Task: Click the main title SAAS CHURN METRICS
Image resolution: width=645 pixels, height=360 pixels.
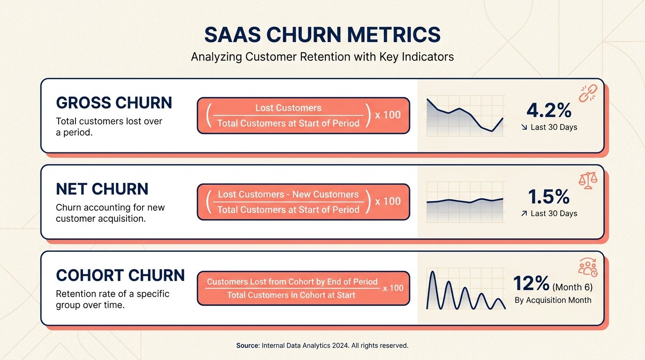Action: (322, 35)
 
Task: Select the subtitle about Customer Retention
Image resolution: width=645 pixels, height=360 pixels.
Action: (322, 57)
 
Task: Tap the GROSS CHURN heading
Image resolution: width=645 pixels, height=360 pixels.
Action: (114, 103)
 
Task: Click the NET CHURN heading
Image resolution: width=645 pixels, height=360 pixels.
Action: (102, 189)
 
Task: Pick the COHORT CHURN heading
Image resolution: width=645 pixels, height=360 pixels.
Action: (120, 275)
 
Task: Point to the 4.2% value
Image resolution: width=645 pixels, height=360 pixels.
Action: (549, 110)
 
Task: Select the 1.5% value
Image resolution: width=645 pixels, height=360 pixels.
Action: (549, 197)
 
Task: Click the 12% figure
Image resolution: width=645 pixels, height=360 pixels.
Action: (532, 284)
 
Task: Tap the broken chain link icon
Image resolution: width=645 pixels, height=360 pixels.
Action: (587, 93)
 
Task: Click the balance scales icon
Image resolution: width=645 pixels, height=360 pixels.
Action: (588, 180)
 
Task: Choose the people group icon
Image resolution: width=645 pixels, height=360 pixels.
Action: (588, 267)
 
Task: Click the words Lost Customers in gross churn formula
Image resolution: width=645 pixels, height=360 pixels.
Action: (288, 108)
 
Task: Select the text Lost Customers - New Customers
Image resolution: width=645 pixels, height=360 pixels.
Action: (288, 195)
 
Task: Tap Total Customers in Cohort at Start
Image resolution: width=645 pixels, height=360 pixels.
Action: (291, 295)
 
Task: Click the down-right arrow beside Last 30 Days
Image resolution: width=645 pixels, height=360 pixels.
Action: (524, 127)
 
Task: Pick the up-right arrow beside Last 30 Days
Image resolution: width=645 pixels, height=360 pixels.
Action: (524, 213)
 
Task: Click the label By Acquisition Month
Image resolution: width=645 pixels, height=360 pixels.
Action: (553, 300)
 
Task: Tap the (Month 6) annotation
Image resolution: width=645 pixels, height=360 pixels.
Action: (572, 287)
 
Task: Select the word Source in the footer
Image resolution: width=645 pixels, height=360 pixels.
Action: (247, 345)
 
